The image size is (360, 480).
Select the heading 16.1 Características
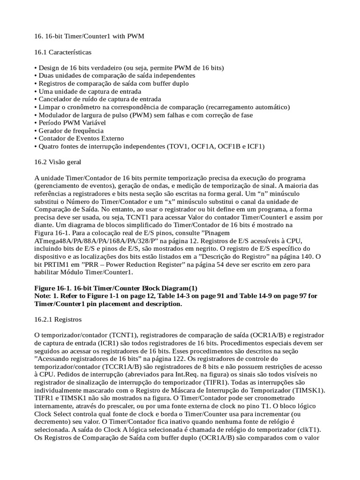tap(63, 52)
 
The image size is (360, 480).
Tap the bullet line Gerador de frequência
tap(71, 131)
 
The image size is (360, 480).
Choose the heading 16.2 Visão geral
tap(58, 162)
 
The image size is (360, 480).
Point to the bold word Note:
tap(45, 296)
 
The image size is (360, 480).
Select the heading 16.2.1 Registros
tap(58, 320)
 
